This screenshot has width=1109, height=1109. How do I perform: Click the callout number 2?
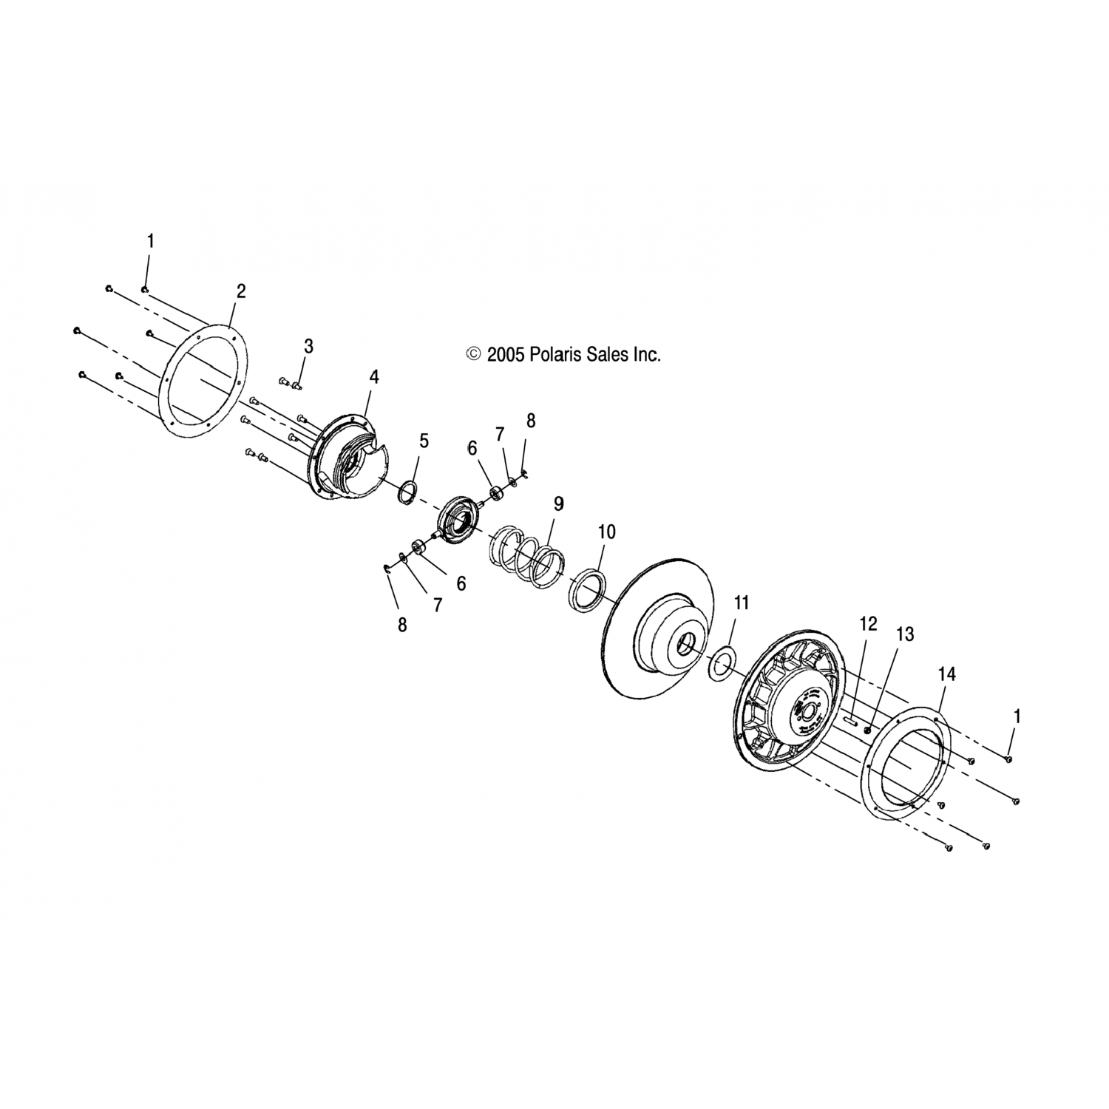coord(240,291)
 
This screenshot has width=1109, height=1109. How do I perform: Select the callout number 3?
coord(308,345)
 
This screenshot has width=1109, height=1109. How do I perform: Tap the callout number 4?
coord(374,377)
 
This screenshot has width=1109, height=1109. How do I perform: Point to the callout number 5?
coord(424,441)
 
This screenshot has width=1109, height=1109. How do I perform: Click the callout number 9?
coord(559,503)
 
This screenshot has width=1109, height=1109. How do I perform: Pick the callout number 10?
coord(606,532)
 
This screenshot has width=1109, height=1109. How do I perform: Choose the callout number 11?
coord(742,603)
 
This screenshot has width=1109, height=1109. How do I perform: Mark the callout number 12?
coord(868,624)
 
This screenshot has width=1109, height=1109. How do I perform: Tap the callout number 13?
coord(905,634)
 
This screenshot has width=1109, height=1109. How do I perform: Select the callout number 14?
coord(947,674)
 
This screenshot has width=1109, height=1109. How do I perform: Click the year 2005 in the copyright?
coord(506,355)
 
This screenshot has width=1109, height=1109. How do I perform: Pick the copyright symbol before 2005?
coord(473,355)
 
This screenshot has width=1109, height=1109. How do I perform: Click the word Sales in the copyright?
coord(608,355)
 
